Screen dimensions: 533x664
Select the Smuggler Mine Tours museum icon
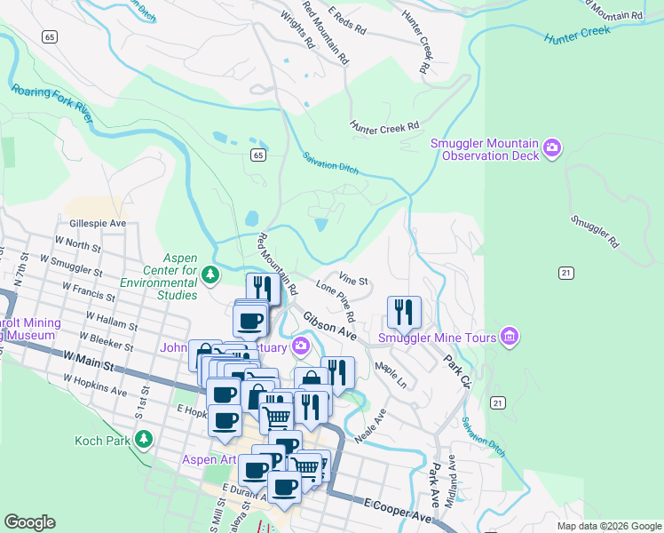click(509, 337)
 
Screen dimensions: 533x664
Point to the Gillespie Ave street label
click(95, 226)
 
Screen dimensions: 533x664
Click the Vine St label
click(352, 280)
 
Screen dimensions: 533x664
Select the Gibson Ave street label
click(329, 326)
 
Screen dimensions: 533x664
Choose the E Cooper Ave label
click(397, 509)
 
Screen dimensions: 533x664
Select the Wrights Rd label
click(297, 28)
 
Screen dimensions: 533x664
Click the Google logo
click(30, 522)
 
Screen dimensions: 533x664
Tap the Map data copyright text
click(608, 526)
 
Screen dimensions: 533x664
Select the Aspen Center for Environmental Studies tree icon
click(210, 274)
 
